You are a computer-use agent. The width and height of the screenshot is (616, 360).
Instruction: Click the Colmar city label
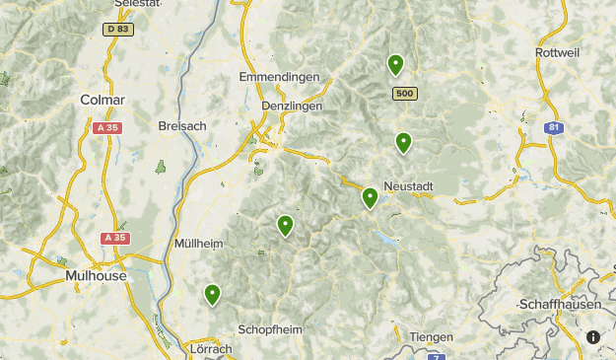click(x=103, y=100)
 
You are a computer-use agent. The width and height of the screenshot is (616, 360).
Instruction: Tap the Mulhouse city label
click(x=95, y=276)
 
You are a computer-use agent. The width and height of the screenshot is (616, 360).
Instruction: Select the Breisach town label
click(x=181, y=125)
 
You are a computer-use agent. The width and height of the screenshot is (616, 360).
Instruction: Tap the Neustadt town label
click(x=408, y=186)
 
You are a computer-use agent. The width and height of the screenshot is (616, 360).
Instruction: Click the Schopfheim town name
click(x=270, y=329)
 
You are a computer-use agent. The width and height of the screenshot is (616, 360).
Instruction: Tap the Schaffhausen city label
click(x=561, y=305)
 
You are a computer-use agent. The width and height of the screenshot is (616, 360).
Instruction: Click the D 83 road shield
click(x=118, y=29)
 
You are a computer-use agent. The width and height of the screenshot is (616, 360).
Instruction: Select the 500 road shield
click(x=403, y=93)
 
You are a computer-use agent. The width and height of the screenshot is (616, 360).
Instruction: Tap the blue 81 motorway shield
click(x=556, y=127)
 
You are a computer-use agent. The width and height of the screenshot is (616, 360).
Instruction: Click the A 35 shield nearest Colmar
click(x=105, y=128)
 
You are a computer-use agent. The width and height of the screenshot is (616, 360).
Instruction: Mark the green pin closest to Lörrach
click(x=212, y=294)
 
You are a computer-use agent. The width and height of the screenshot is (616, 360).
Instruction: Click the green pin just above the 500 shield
click(x=395, y=64)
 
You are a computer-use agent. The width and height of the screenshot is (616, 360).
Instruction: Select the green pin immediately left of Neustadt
click(x=370, y=197)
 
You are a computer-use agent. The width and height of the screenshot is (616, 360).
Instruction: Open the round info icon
click(x=593, y=337)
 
